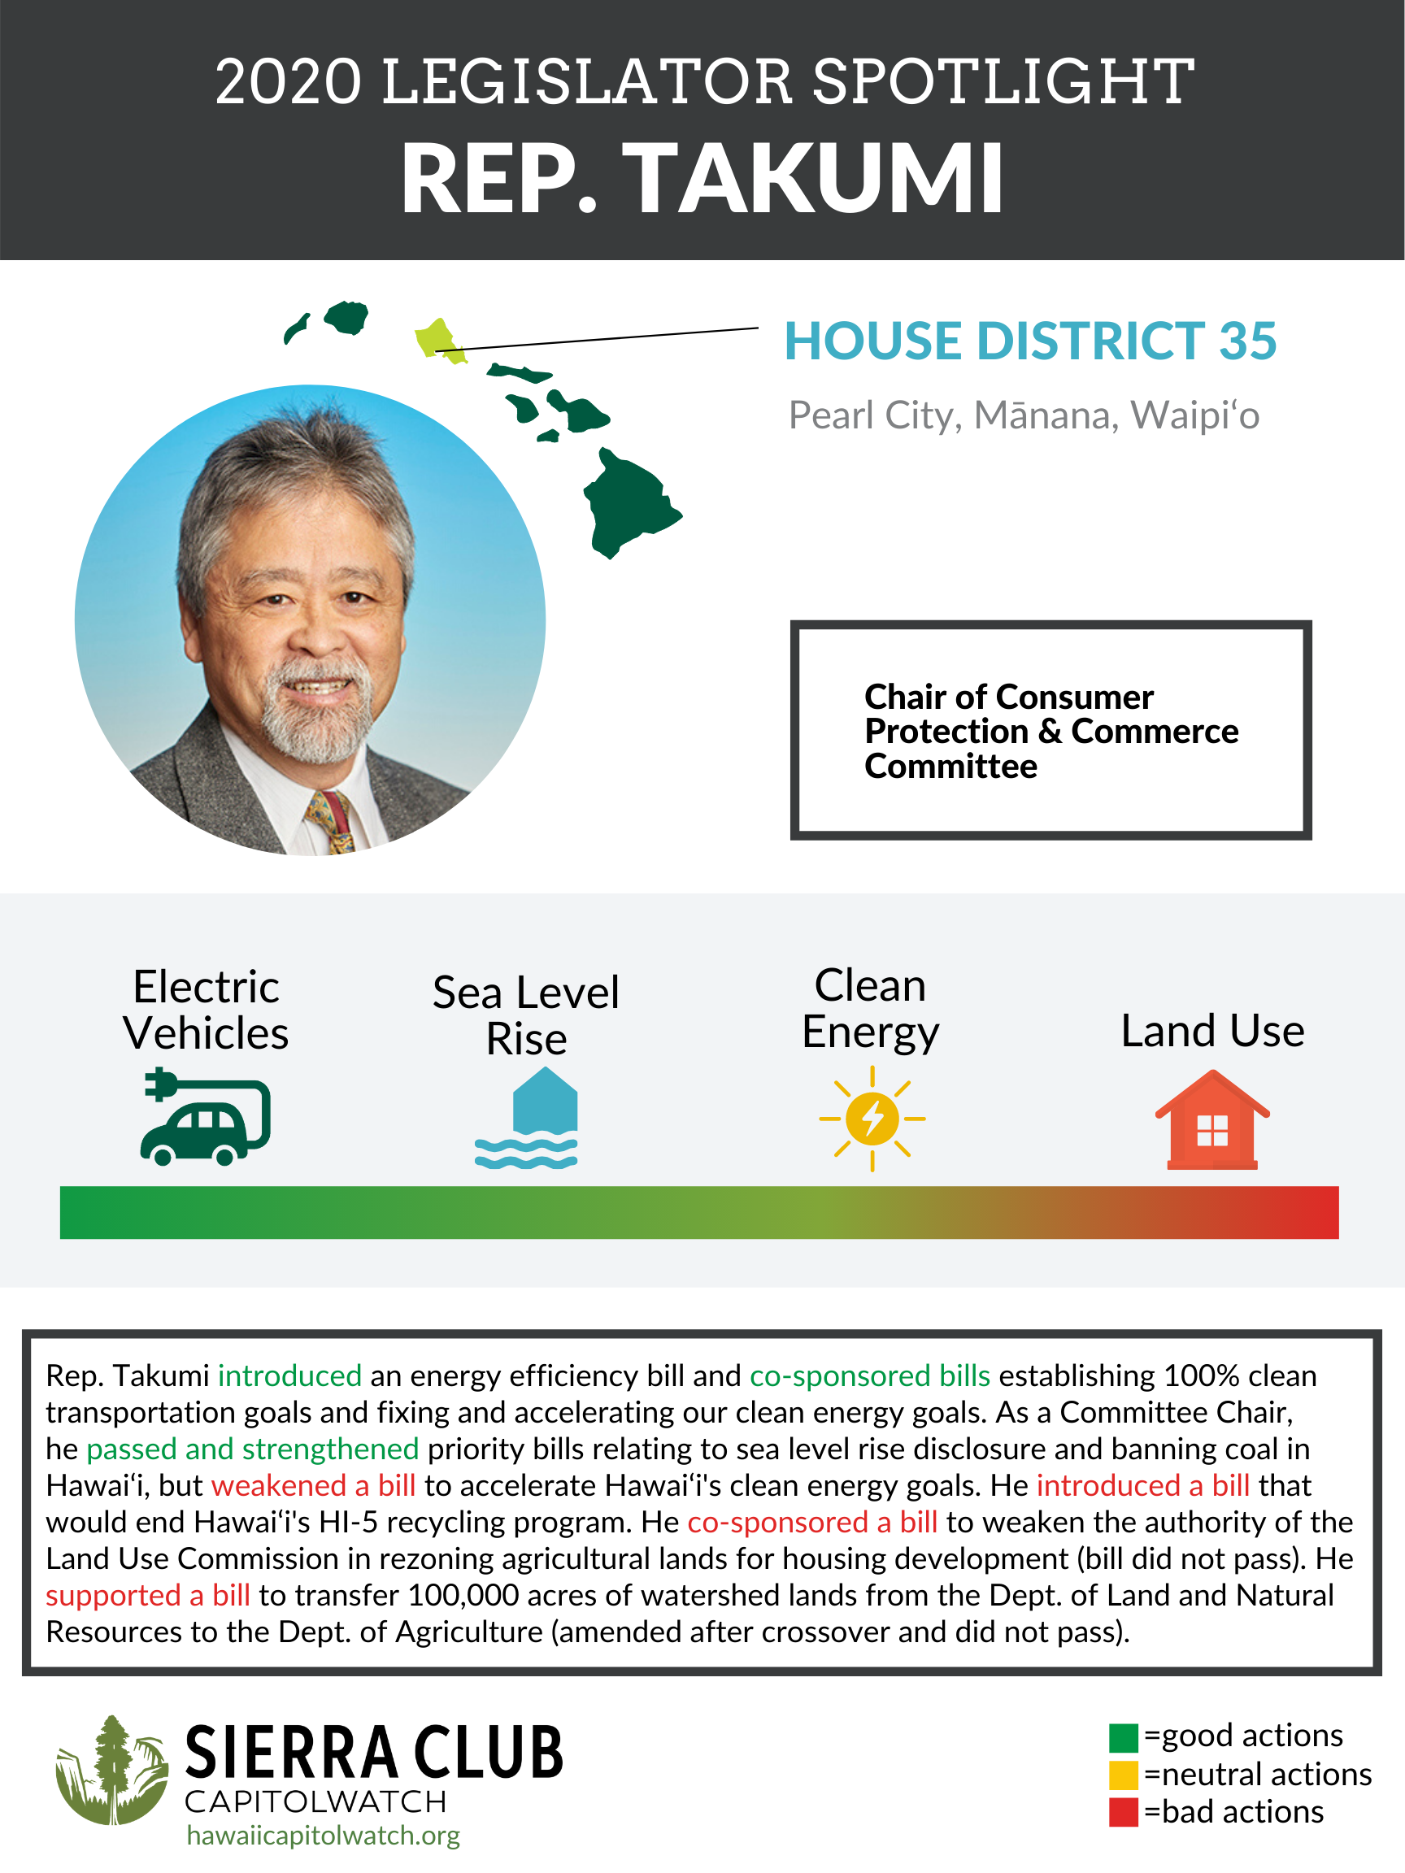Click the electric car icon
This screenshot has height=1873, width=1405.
(206, 1119)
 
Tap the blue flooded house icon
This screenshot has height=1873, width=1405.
(527, 1118)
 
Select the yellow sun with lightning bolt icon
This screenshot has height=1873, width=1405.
(872, 1119)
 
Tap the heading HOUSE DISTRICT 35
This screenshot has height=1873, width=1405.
(1030, 341)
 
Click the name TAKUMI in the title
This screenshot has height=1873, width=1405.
(818, 179)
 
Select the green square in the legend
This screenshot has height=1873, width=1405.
(1123, 1738)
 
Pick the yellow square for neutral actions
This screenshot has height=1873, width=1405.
(1123, 1775)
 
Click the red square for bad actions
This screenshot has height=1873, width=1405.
(1123, 1813)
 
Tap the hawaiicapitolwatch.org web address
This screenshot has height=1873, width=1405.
(324, 1835)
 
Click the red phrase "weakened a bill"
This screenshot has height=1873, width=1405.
(313, 1485)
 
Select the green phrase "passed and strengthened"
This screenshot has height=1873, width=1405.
(252, 1449)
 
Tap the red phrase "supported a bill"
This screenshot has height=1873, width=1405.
(147, 1595)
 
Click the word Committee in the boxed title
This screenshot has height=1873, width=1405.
(950, 767)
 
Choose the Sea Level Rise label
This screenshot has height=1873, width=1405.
(526, 1015)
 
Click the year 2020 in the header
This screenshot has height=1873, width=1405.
(288, 82)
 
